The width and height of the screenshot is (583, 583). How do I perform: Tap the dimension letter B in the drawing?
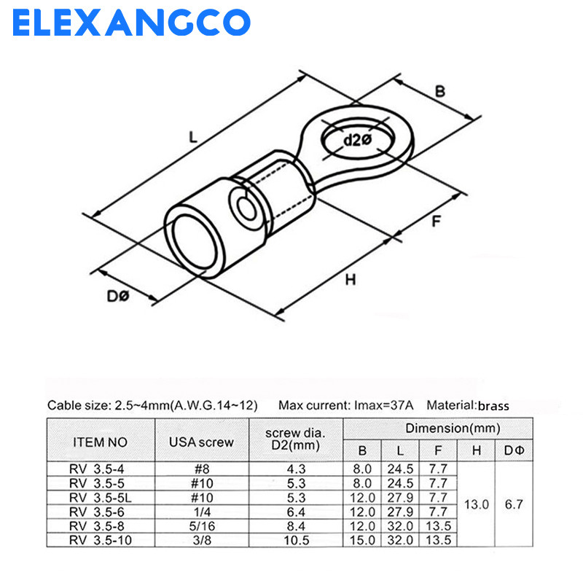[x=440, y=92]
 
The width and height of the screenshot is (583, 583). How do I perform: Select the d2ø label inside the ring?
[x=358, y=140]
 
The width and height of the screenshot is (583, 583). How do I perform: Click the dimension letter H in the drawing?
[x=351, y=279]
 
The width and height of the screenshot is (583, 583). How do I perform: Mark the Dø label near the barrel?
[x=117, y=297]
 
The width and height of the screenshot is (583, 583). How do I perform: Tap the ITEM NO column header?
[x=101, y=442]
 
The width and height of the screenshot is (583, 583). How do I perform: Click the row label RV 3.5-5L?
[x=101, y=497]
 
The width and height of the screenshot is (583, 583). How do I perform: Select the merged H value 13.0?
[x=476, y=504]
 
